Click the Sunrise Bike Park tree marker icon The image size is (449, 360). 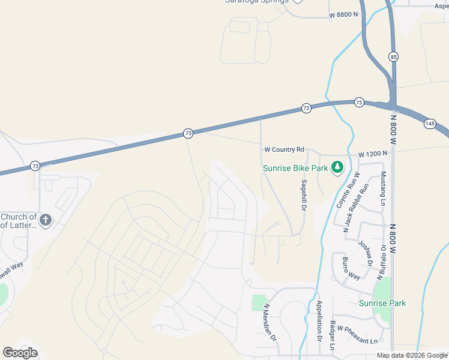pyautogui.click(x=337, y=167)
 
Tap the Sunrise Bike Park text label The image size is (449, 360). pyautogui.click(x=295, y=168)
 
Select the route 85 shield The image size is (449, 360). pyautogui.click(x=393, y=56)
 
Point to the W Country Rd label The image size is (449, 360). pyautogui.click(x=284, y=149)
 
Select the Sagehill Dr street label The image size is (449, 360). pyautogui.click(x=304, y=194)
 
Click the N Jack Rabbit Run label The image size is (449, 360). pyautogui.click(x=355, y=210)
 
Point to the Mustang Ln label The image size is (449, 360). pyautogui.click(x=383, y=188)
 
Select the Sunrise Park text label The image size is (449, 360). pyautogui.click(x=382, y=303)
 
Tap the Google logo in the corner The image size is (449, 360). pyautogui.click(x=20, y=353)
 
